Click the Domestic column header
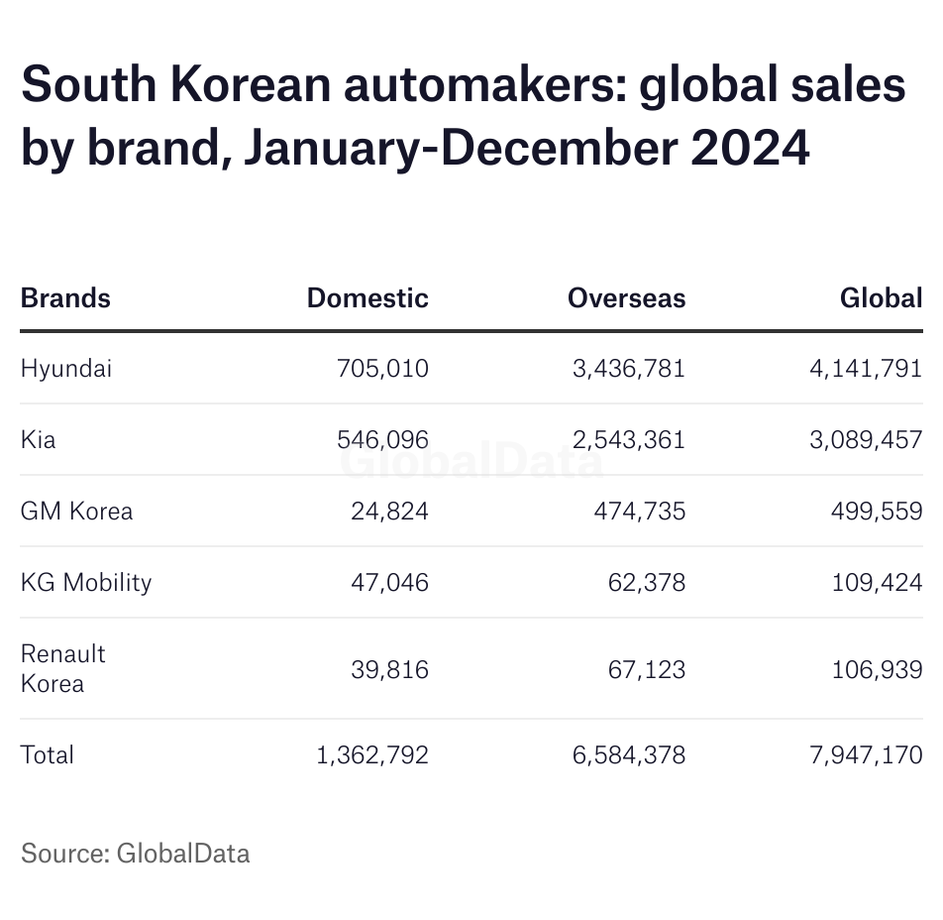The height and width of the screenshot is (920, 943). click(x=367, y=298)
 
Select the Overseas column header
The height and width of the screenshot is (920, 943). click(x=626, y=298)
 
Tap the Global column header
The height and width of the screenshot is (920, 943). click(x=881, y=298)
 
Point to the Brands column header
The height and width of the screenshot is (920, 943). click(x=65, y=298)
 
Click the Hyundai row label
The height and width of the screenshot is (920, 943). click(x=66, y=369)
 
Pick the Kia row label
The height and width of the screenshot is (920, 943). click(x=39, y=439)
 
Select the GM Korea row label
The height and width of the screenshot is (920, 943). click(x=76, y=512)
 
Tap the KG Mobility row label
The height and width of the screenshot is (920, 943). click(x=86, y=582)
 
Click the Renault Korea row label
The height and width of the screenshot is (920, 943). click(x=62, y=668)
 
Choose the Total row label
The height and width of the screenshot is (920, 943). click(x=48, y=754)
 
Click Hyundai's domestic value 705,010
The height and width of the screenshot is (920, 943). click(x=382, y=369)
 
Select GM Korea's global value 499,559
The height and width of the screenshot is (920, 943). click(x=877, y=512)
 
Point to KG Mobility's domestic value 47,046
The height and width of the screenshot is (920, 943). click(x=389, y=582)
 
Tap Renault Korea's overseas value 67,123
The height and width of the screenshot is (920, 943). click(x=646, y=669)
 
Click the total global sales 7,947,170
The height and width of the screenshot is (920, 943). click(x=865, y=754)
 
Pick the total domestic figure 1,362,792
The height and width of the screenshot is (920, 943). click(x=372, y=754)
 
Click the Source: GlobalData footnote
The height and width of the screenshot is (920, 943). click(x=136, y=853)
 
